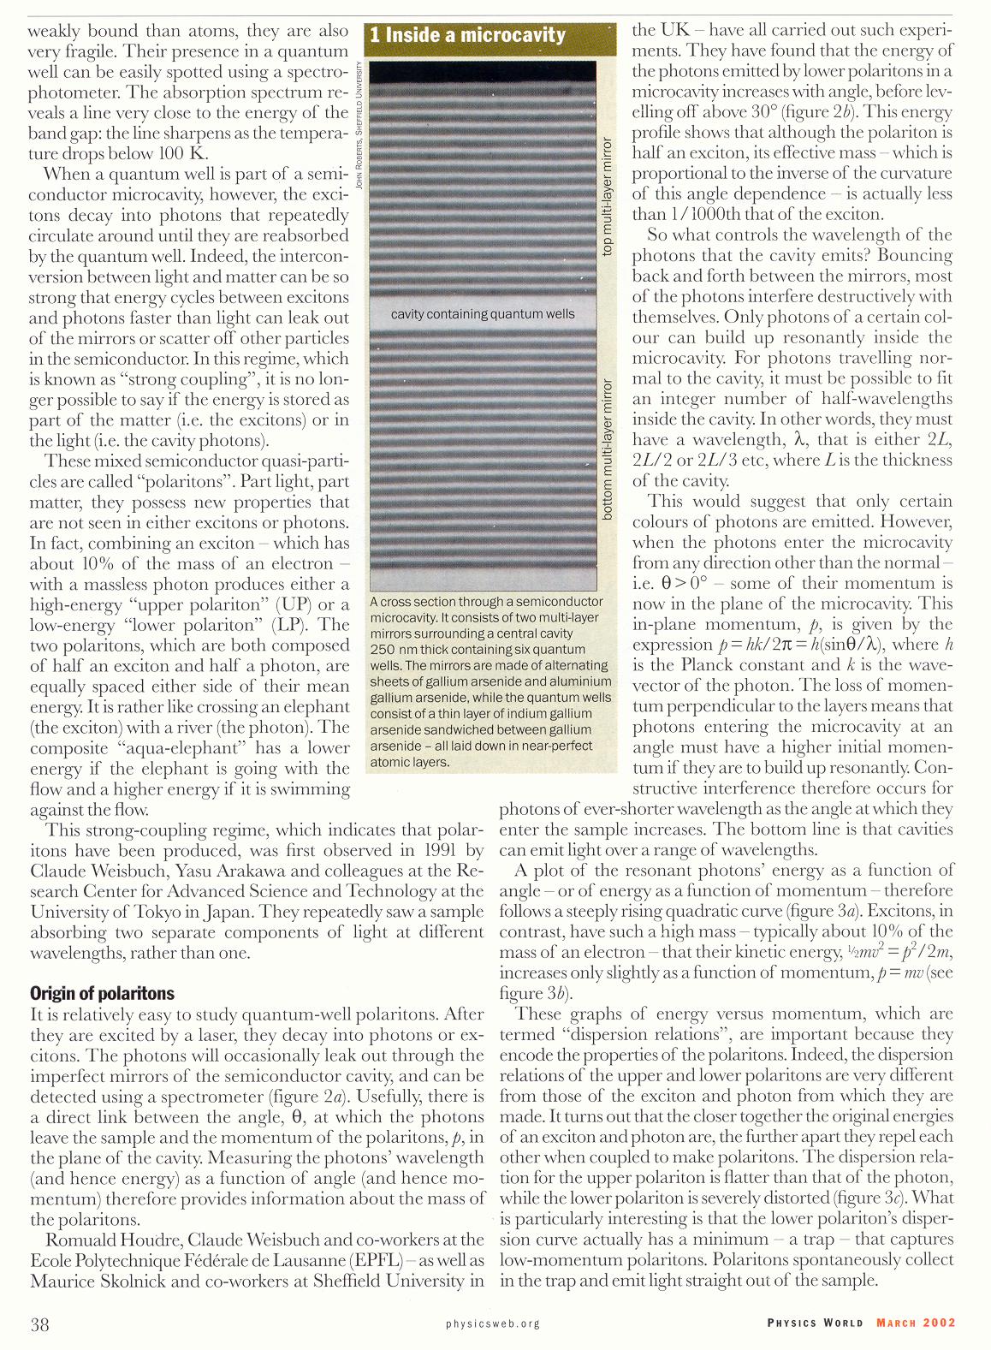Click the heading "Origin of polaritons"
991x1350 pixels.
(x=102, y=993)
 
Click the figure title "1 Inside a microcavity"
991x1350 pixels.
(x=468, y=35)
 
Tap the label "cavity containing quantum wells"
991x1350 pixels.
(x=483, y=314)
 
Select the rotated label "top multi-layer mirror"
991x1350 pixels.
(x=608, y=196)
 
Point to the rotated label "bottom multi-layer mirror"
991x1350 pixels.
(x=608, y=449)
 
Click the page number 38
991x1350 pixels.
(x=39, y=1324)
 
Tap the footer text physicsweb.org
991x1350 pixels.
(x=493, y=1323)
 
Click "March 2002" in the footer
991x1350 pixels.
(x=916, y=1323)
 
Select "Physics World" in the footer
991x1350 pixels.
(x=815, y=1323)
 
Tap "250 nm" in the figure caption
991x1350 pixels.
(x=395, y=650)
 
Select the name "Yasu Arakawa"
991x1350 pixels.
(x=230, y=871)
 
